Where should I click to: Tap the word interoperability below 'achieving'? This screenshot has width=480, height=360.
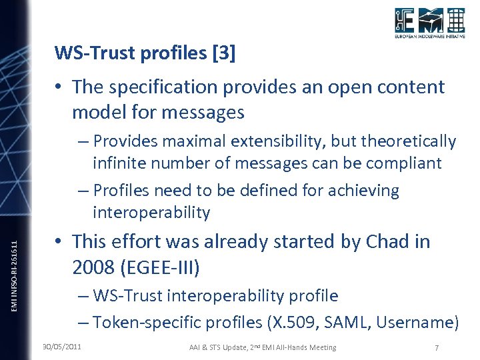[x=151, y=213]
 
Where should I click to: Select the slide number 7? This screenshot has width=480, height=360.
[x=435, y=347]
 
